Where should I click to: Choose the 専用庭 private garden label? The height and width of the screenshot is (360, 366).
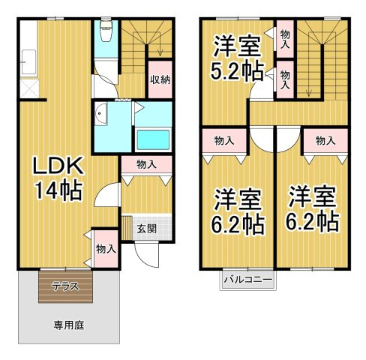click(67, 325)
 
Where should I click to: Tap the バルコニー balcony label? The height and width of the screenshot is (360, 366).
click(247, 281)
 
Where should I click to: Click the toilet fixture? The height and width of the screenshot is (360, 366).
click(106, 33)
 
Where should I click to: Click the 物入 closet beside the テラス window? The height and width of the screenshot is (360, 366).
click(103, 247)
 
